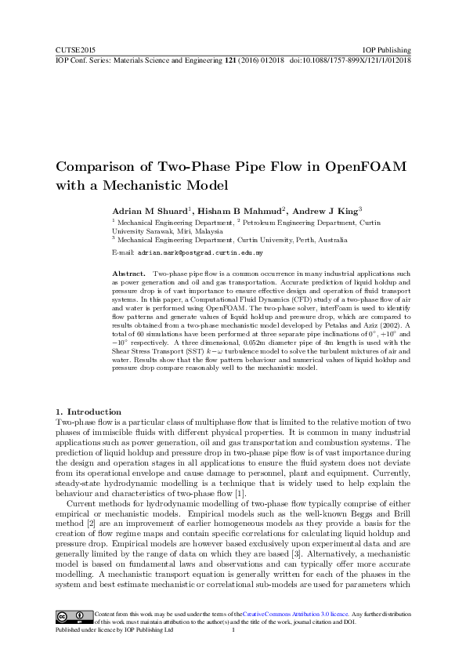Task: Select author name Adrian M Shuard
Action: [x=146, y=212]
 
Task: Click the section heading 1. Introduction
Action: [x=89, y=412]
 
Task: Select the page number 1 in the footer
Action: [x=233, y=629]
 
